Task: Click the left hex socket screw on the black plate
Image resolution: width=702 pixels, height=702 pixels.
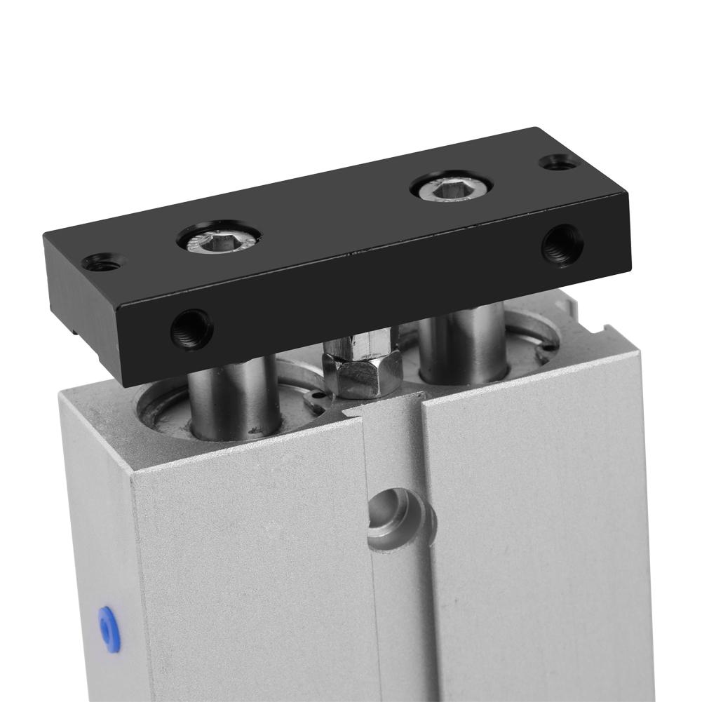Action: coord(219,242)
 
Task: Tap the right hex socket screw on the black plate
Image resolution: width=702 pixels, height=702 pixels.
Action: coord(450,186)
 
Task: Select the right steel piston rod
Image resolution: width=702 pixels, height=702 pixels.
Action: coord(463,337)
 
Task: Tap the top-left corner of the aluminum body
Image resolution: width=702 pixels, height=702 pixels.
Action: coord(67,390)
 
